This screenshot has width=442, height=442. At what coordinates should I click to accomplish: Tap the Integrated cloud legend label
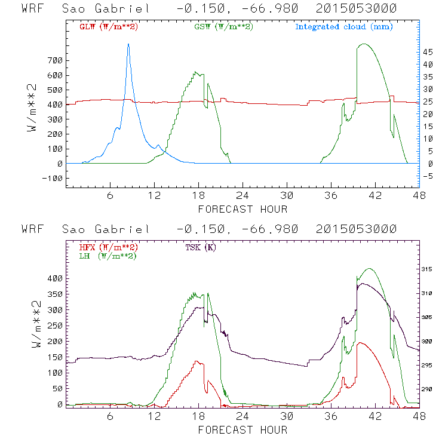click(344, 27)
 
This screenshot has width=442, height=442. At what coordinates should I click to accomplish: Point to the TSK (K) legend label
click(201, 247)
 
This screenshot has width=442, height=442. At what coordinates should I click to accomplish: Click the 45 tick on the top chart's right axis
click(428, 53)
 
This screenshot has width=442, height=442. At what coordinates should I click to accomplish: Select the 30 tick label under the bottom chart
click(287, 416)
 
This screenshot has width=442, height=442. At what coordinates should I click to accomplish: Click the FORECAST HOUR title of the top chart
click(243, 208)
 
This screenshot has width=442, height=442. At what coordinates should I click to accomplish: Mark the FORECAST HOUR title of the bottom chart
click(243, 429)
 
